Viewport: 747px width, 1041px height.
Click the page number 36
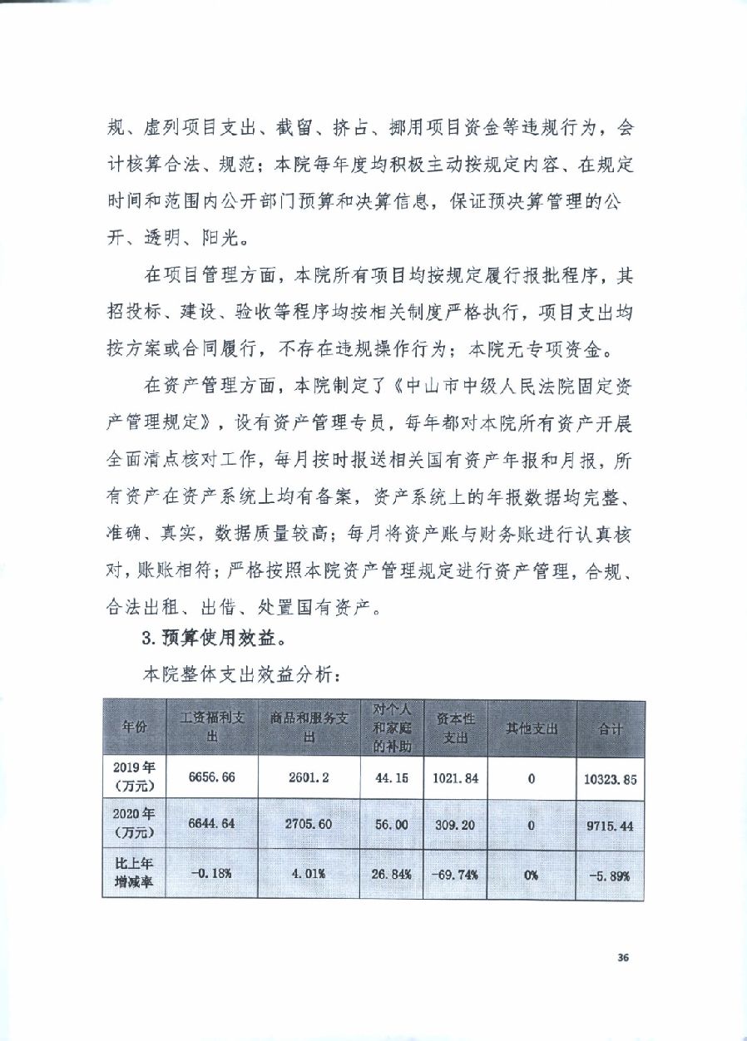(x=621, y=957)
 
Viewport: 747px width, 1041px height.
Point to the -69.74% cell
(x=454, y=874)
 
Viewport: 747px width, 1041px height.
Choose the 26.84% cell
(x=392, y=874)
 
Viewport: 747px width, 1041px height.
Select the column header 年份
(x=134, y=728)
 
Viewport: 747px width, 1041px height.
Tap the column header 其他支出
(x=532, y=728)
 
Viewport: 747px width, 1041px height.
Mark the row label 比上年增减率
(x=134, y=874)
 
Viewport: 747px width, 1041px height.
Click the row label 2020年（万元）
(x=134, y=826)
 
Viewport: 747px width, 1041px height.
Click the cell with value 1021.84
(x=454, y=777)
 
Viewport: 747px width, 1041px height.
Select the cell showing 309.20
(x=454, y=826)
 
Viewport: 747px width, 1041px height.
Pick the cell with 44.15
(x=392, y=777)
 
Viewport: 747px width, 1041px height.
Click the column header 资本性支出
(x=454, y=728)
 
